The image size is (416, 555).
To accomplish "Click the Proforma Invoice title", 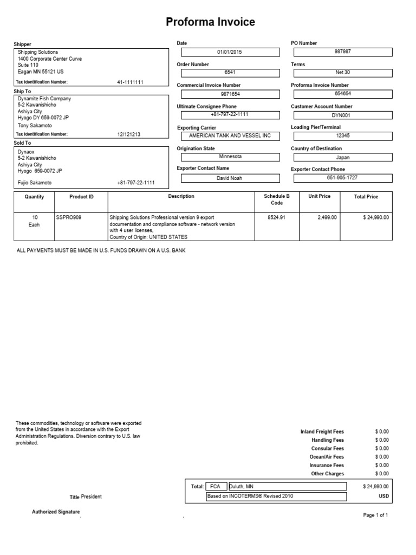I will click(210, 22).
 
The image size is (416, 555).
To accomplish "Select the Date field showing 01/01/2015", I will click(230, 52).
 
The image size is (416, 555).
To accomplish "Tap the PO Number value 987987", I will click(342, 52).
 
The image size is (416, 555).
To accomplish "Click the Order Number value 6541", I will click(230, 73).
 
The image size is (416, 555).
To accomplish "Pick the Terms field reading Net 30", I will click(342, 73).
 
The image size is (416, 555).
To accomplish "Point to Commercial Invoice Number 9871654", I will click(230, 94).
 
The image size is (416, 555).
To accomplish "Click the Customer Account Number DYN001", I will click(342, 115).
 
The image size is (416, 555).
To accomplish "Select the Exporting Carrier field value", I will click(230, 136).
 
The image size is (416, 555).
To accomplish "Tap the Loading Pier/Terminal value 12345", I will click(342, 136).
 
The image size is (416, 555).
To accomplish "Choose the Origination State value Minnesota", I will click(230, 157).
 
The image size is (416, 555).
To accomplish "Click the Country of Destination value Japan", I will click(342, 157).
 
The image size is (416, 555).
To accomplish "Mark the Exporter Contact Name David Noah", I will click(230, 178).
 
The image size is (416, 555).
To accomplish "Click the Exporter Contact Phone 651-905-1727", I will click(342, 178).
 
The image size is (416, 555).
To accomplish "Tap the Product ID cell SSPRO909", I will click(68, 217).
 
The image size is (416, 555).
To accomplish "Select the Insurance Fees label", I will click(327, 465).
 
